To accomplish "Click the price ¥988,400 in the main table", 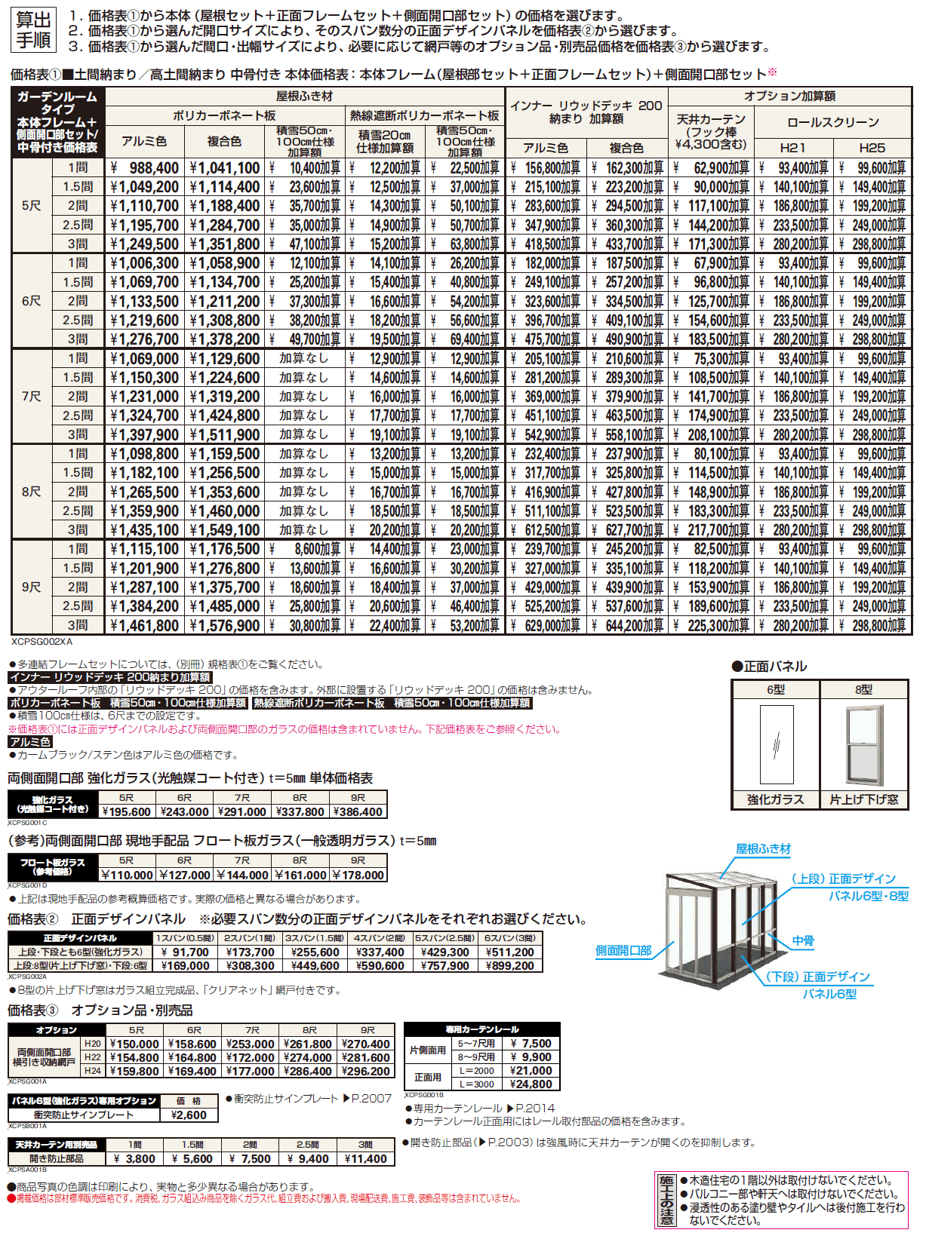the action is [x=145, y=168].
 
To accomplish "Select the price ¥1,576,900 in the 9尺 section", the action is [x=225, y=626].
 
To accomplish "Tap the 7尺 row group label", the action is [x=32, y=397].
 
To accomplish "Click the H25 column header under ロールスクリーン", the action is [x=872, y=148].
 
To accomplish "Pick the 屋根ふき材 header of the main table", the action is [x=304, y=97].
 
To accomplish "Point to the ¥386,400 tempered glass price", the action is [x=358, y=812].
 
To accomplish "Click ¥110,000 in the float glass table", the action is [x=128, y=876].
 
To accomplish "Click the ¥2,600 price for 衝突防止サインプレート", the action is [x=189, y=1115].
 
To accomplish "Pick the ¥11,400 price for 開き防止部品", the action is [x=366, y=1159].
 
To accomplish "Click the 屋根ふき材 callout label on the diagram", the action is [x=763, y=849].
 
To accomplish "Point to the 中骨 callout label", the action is [x=803, y=941].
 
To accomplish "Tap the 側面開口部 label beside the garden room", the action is [x=623, y=951].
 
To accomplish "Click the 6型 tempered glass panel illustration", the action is [x=777, y=745].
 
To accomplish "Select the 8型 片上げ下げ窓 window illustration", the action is [x=864, y=745].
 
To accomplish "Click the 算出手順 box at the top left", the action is [x=34, y=31].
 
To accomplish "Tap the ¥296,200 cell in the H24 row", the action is [x=366, y=1072].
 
